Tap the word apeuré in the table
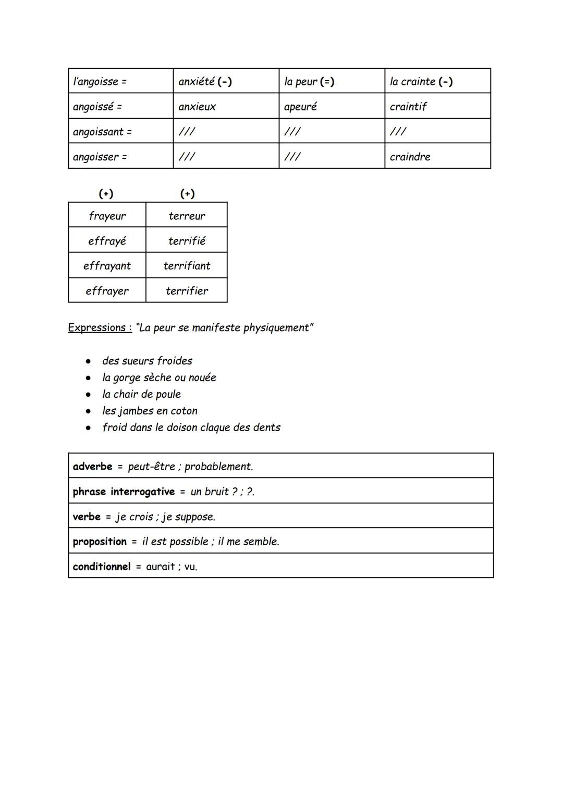(300, 107)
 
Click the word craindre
(410, 157)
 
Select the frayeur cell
(107, 216)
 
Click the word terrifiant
(187, 266)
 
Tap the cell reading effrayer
(107, 291)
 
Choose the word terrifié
(187, 241)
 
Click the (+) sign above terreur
(187, 194)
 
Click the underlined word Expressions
(97, 327)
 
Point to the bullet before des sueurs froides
(90, 361)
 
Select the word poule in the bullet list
(168, 394)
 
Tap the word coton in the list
(184, 411)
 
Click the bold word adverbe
(92, 467)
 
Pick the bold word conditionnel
(102, 566)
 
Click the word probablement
(218, 467)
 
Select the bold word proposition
(100, 541)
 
